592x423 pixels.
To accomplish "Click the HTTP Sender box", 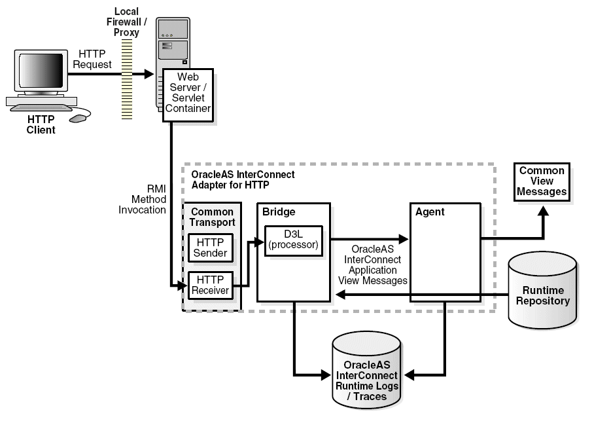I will tap(211, 248).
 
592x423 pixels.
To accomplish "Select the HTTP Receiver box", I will tap(211, 285).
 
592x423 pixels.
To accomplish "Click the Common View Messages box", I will tap(542, 181).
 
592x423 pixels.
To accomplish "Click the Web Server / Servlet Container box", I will tap(188, 93).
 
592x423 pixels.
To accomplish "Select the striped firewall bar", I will tap(127, 79).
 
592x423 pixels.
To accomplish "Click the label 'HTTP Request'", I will tap(92, 59).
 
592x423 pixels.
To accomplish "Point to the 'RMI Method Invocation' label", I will tap(148, 199).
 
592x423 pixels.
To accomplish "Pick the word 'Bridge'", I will tap(279, 212).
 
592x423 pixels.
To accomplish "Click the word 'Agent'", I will tap(430, 212).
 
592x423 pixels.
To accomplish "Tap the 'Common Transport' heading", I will tap(212, 217).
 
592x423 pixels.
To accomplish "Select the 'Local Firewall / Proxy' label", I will tap(126, 22).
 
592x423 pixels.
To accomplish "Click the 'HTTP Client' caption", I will tap(41, 124).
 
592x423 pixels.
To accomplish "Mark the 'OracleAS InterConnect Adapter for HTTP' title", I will tap(243, 180).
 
